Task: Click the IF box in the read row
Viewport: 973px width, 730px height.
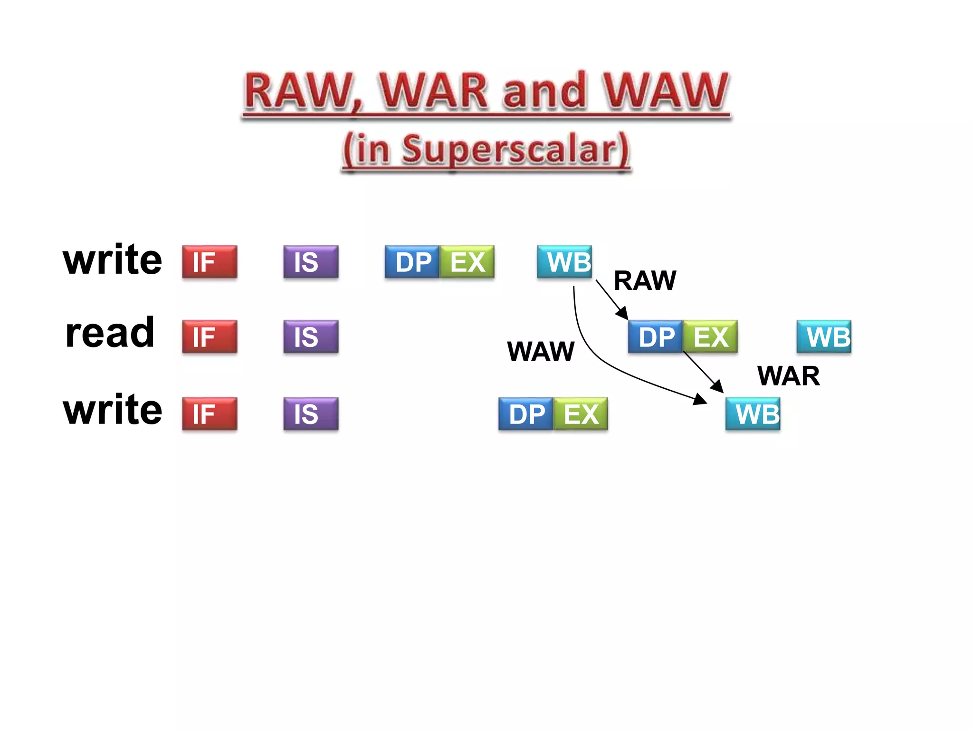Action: (209, 336)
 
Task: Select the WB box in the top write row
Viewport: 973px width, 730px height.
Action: (564, 261)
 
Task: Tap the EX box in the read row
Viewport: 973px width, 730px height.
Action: (710, 336)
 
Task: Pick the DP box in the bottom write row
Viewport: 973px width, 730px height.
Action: (526, 413)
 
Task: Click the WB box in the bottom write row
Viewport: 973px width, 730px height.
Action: (753, 413)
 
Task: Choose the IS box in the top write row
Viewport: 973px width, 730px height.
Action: (311, 261)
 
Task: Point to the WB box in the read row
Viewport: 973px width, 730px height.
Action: (824, 336)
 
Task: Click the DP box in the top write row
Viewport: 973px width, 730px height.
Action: (412, 261)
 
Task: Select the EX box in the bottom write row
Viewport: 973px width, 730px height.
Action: (581, 413)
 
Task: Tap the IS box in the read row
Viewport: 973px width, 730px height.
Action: (311, 336)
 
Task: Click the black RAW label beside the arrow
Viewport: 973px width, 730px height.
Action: (645, 280)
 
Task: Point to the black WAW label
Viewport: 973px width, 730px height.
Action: (541, 352)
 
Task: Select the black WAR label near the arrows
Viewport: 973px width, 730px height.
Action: (789, 376)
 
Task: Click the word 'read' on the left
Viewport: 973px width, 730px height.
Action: (110, 333)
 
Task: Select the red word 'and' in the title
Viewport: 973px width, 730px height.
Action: (544, 91)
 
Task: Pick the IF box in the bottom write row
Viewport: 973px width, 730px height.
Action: (209, 413)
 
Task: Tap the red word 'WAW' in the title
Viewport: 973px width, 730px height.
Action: (665, 91)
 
